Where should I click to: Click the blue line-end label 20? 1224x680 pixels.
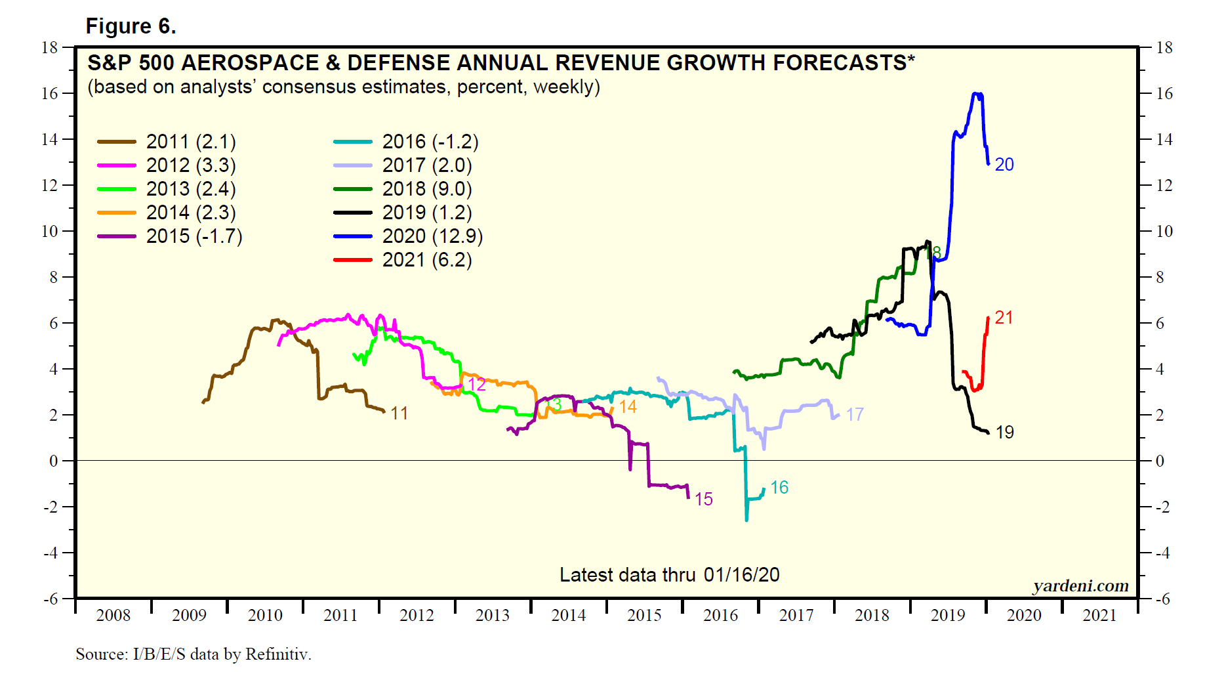point(1004,165)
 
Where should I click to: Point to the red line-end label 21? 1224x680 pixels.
point(1004,318)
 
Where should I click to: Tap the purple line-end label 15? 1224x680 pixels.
point(703,499)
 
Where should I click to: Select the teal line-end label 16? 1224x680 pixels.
point(779,488)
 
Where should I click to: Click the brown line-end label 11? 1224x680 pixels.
point(399,414)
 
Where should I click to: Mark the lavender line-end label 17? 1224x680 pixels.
point(854,415)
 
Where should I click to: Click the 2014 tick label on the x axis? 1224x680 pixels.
point(568,616)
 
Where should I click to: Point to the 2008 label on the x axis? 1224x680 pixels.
point(113,616)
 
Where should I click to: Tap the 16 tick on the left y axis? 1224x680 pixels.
point(49,94)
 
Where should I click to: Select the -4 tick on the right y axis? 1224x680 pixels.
point(1162,553)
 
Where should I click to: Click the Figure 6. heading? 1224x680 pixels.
point(131,26)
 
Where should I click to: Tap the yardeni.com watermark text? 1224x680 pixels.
point(1080,586)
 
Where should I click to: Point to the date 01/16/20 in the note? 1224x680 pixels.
point(741,575)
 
